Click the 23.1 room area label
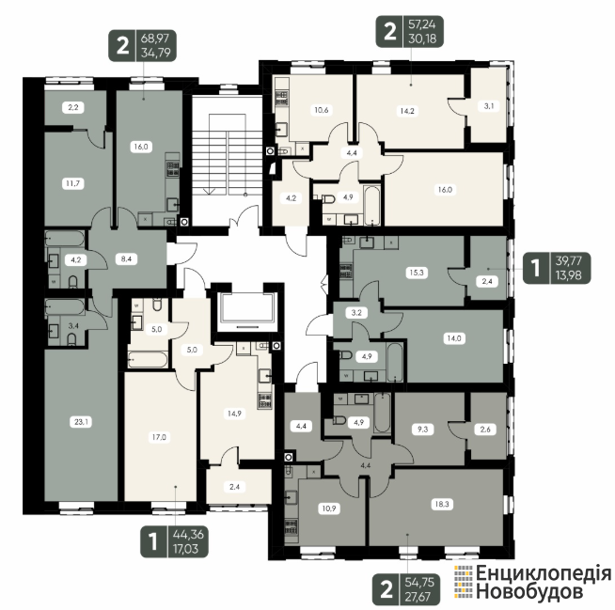81,422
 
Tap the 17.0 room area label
159,437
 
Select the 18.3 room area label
442,504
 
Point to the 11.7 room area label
73,183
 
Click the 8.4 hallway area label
126,258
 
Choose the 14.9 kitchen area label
234,414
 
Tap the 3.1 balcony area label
489,106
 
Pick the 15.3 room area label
417,272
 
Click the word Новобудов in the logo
529,591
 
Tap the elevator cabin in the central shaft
247,307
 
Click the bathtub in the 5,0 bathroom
148,359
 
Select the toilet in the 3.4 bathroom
71,339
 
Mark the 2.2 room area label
73,107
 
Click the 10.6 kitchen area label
322,110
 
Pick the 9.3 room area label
422,430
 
